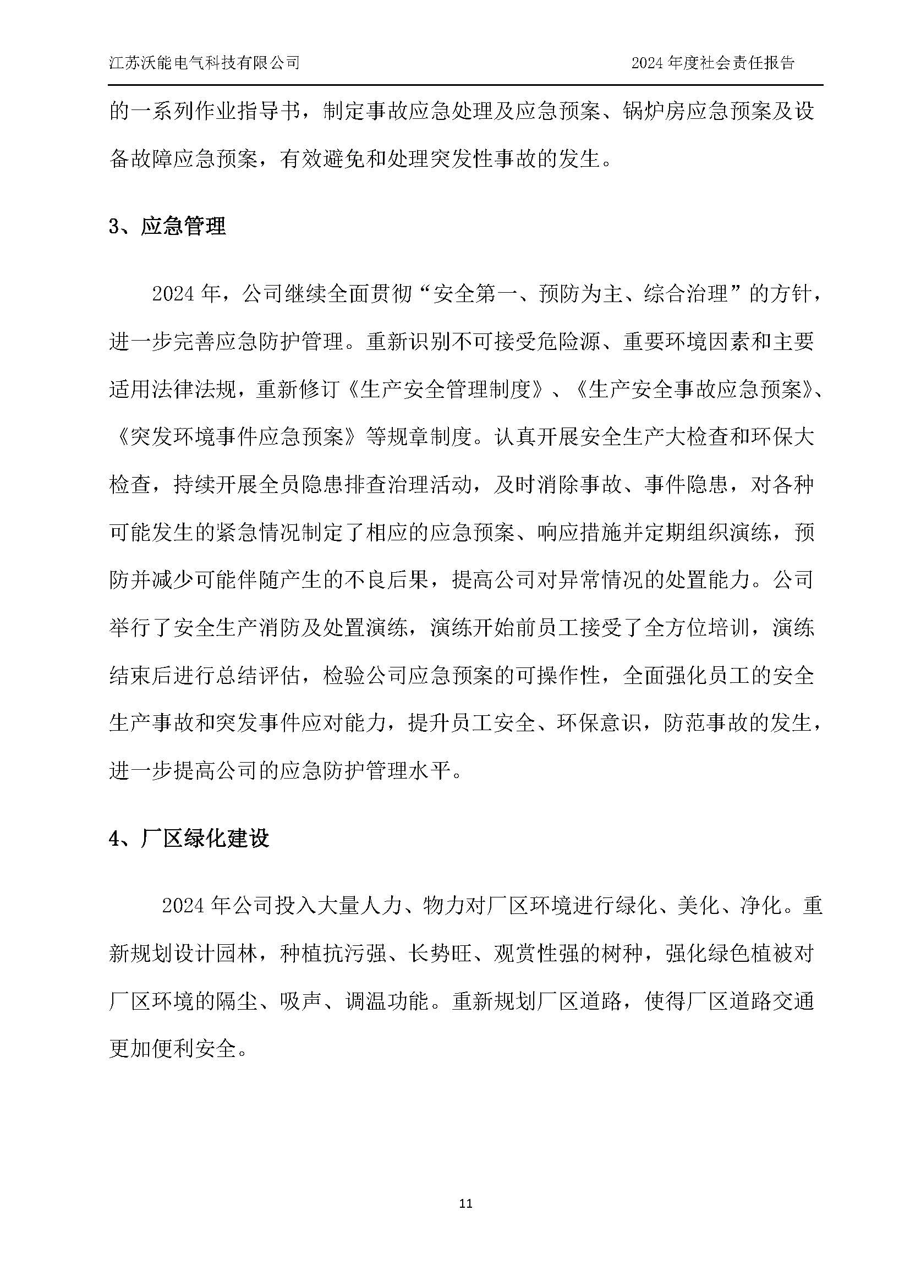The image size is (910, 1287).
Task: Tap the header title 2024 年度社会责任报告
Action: coord(712,63)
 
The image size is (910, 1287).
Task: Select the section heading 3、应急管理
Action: coord(168,227)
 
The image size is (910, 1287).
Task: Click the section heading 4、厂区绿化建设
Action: coord(189,839)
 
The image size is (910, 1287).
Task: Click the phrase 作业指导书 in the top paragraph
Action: coord(248,112)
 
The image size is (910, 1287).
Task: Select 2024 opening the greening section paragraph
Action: coord(186,906)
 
